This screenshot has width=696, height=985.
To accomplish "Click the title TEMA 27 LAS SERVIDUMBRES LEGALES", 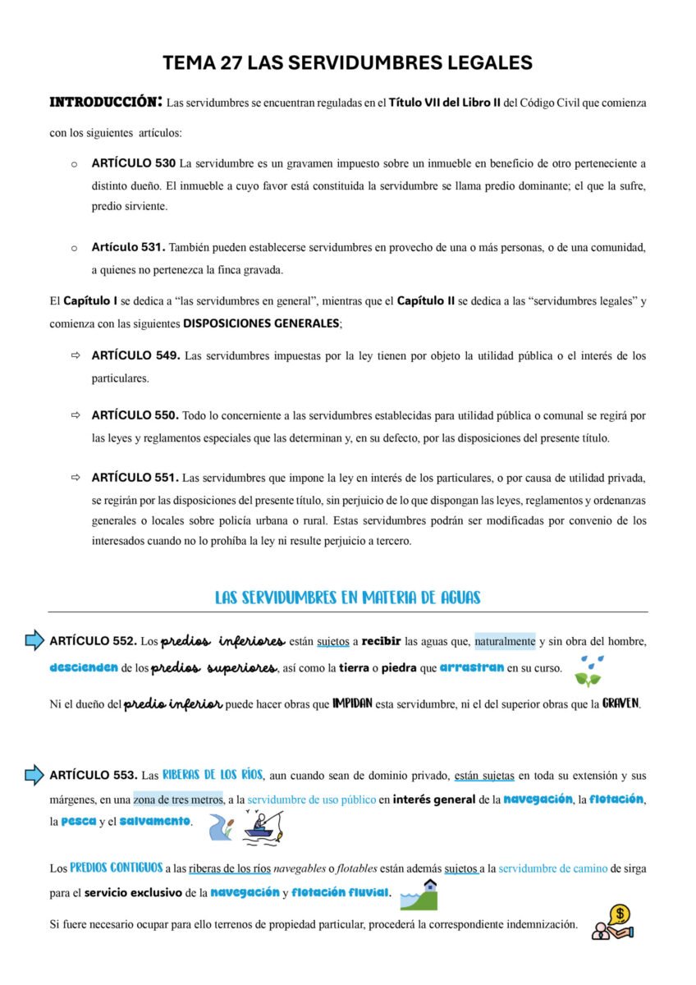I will [347, 62].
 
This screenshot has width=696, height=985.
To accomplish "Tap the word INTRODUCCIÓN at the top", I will [105, 103].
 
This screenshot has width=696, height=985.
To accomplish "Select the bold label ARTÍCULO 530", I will [133, 163].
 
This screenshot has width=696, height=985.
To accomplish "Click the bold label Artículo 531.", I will [128, 247].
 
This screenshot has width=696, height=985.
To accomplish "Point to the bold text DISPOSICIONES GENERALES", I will [261, 323].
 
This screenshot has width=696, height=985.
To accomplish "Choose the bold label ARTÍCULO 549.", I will [135, 356].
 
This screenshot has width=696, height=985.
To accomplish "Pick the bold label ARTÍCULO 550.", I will [135, 415].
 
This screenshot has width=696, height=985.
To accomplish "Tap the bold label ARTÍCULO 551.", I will [135, 477].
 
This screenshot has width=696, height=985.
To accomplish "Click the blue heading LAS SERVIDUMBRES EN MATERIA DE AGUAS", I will [347, 598].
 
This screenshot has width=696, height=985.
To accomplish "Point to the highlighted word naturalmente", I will [505, 641].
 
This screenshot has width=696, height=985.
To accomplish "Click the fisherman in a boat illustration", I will [262, 826].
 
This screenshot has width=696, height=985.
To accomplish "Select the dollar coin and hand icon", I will [615, 923].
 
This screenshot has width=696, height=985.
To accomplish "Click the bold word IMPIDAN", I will [352, 703].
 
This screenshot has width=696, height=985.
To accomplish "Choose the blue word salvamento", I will [155, 822].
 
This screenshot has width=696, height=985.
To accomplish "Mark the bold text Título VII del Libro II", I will [444, 103].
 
